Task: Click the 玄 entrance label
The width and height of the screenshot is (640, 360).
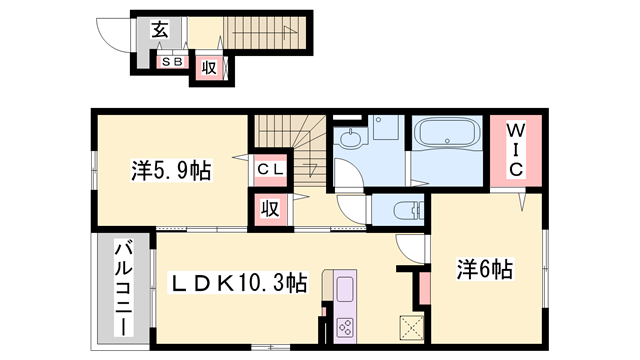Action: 159,29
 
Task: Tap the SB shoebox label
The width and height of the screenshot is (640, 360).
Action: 172,62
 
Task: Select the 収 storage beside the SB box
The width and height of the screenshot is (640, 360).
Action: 210,68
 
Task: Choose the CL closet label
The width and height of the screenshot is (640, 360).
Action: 271,169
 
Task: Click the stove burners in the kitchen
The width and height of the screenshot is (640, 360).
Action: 346,325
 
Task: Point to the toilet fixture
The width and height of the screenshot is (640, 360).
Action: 402,211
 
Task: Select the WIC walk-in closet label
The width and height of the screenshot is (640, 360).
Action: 514,150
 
